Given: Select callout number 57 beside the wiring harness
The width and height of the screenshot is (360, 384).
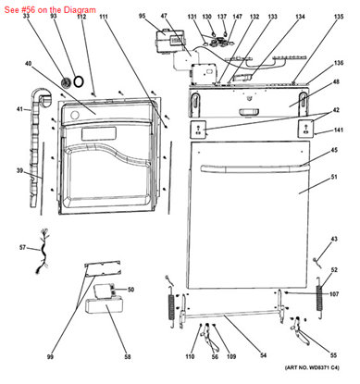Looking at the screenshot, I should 23,248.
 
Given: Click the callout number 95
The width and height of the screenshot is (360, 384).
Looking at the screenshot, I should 143,17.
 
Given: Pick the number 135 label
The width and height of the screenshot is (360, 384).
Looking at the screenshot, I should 338,43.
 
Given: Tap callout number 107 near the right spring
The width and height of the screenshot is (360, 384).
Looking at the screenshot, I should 334,295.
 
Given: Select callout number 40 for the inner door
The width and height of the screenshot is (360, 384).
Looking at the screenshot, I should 29,64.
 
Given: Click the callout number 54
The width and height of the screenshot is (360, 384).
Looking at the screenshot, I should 263,356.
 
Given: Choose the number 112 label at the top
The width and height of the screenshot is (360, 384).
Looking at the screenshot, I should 81,17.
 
